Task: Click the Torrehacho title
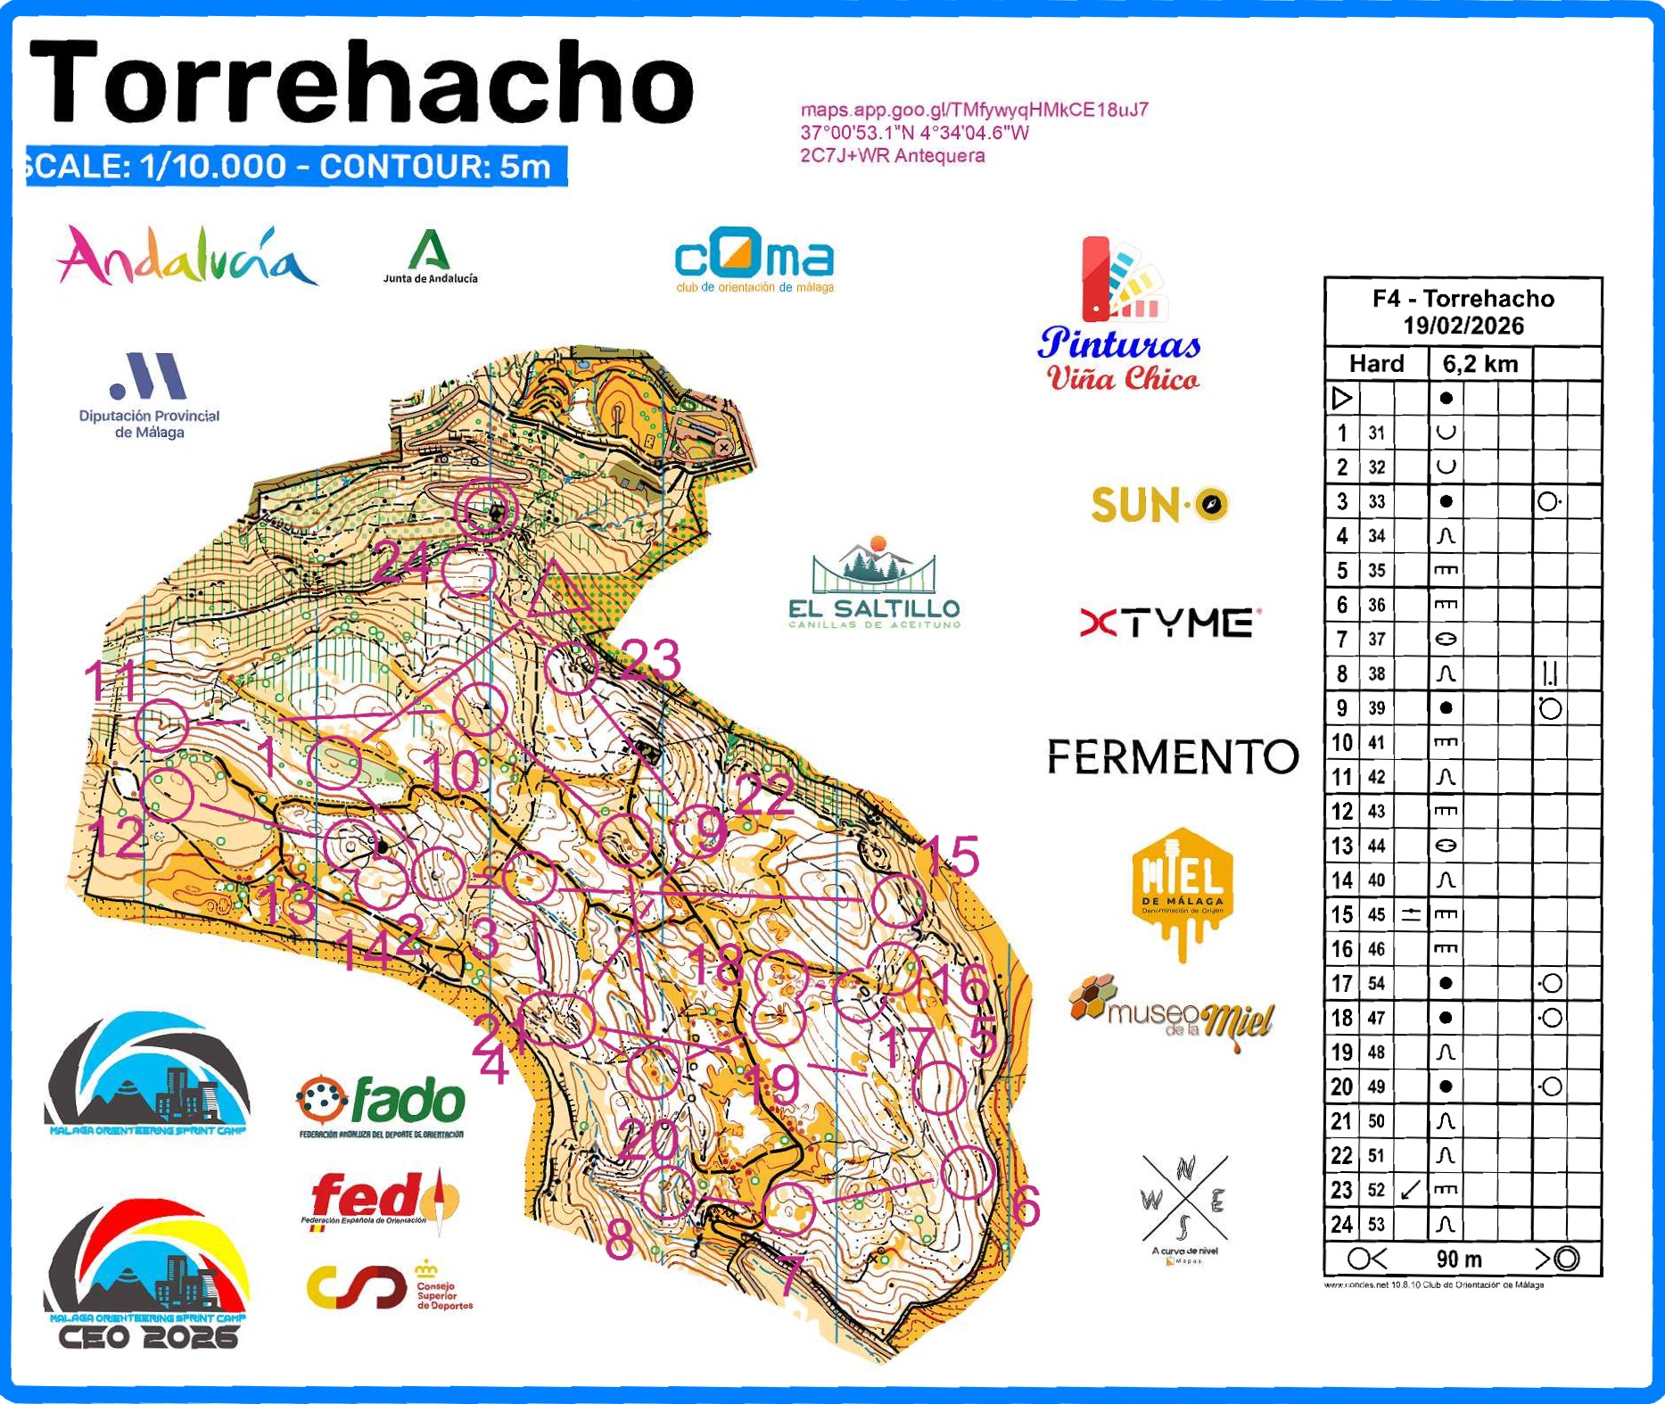click(361, 82)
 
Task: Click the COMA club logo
click(754, 260)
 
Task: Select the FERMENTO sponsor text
click(1172, 756)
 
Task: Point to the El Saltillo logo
click(874, 583)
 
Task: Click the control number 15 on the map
click(951, 855)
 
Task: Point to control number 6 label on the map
click(1026, 1207)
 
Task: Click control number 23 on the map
click(651, 660)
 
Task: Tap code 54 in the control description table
click(1377, 983)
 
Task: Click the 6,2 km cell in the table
click(1480, 363)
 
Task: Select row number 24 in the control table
click(1341, 1224)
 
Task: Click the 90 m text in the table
click(1459, 1259)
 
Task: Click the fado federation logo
click(381, 1104)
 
